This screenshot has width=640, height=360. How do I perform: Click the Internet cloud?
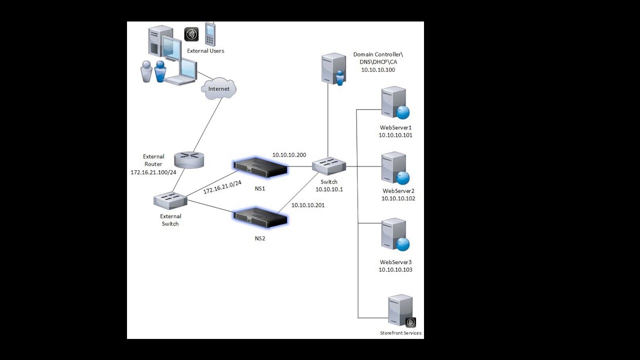218,89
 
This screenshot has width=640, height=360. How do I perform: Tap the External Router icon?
189,160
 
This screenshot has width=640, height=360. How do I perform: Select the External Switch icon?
170,200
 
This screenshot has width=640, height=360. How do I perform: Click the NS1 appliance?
262,167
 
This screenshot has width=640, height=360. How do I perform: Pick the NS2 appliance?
260,217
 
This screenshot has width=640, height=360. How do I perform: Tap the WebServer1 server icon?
394,103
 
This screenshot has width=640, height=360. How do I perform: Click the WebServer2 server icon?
394,168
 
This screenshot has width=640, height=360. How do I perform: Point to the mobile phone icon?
210,34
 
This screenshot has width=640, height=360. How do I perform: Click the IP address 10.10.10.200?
289,155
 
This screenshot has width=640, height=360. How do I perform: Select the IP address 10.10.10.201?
308,205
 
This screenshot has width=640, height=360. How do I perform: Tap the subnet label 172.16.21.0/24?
222,187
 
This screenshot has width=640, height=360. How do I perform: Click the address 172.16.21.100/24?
153,171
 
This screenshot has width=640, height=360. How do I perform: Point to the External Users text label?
205,51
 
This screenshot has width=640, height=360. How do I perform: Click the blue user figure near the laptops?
160,71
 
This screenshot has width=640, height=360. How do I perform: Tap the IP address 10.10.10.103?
395,269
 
